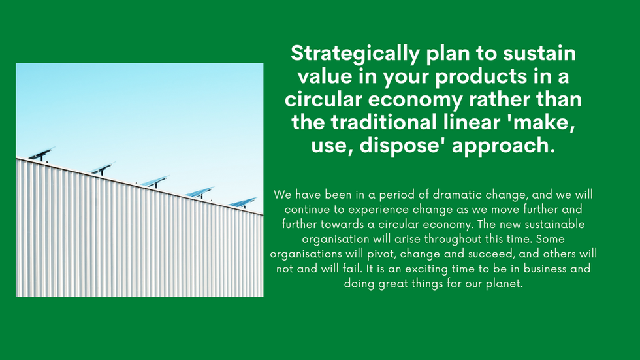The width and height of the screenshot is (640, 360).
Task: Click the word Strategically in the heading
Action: pos(355,54)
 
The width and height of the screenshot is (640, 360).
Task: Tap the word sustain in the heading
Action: pos(539,54)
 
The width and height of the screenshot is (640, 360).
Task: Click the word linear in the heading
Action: pos(471,122)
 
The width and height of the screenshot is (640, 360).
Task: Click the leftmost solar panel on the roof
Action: pos(41,154)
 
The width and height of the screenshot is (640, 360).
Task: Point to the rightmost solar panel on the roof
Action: pos(243,203)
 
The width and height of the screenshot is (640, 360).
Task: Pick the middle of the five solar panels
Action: pos(155,181)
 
